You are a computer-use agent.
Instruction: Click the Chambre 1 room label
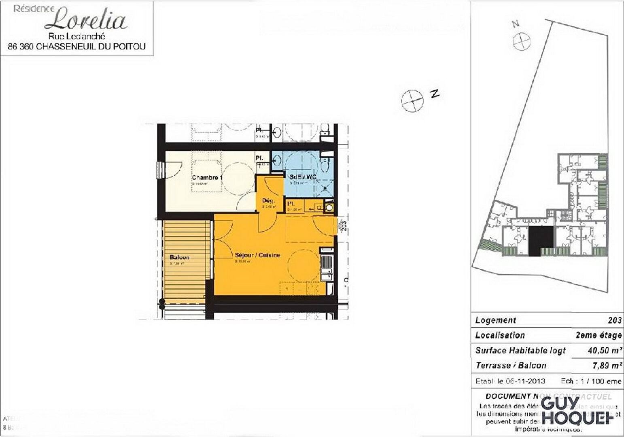click(x=207, y=178)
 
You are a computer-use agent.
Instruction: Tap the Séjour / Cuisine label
click(x=257, y=255)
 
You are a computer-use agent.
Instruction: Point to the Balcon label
click(x=180, y=258)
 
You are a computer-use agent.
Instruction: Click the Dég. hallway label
click(x=268, y=200)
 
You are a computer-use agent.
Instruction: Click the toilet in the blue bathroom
click(x=325, y=164)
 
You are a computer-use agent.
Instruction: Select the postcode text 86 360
click(x=20, y=47)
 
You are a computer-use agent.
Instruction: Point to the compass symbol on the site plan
click(x=521, y=42)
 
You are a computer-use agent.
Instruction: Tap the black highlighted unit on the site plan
click(x=541, y=241)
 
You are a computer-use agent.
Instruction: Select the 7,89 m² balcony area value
click(x=607, y=366)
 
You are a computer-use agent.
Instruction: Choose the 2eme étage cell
click(x=598, y=335)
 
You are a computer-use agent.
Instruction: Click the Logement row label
click(x=495, y=320)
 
